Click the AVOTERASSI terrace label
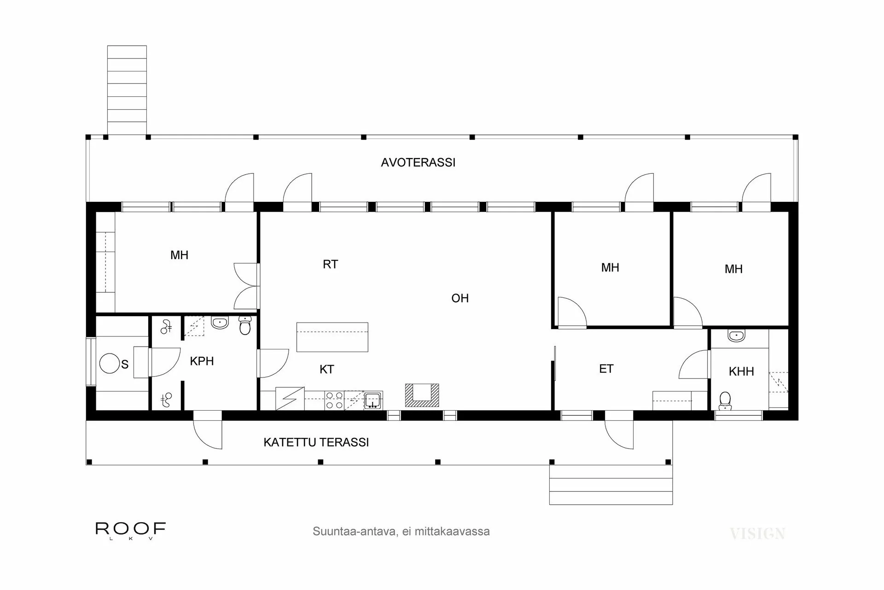pyautogui.click(x=418, y=163)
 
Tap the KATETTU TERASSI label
pyautogui.click(x=316, y=442)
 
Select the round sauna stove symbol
pyautogui.click(x=110, y=363)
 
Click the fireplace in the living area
pyautogui.click(x=422, y=395)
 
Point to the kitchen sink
pyautogui.click(x=372, y=400)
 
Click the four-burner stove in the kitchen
pyautogui.click(x=334, y=400)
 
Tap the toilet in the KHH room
pyautogui.click(x=725, y=401)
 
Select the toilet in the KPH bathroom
pyautogui.click(x=245, y=326)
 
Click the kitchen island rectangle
pyautogui.click(x=332, y=337)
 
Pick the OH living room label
pyautogui.click(x=459, y=298)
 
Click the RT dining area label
pyautogui.click(x=330, y=265)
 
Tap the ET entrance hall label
pyautogui.click(x=606, y=369)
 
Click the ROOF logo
pyautogui.click(x=130, y=529)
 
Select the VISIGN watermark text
pyautogui.click(x=757, y=534)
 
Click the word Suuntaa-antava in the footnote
pyautogui.click(x=353, y=531)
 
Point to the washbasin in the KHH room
pyautogui.click(x=736, y=336)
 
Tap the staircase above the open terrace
pyautogui.click(x=127, y=90)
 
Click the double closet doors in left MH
pyautogui.click(x=246, y=286)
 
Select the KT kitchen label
pyautogui.click(x=326, y=369)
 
